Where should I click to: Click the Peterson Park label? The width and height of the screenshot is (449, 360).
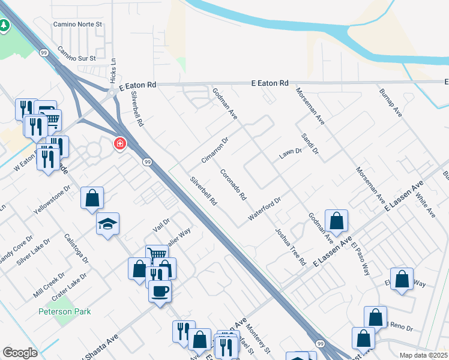(x=64, y=311)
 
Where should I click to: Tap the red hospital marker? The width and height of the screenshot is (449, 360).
(x=120, y=144)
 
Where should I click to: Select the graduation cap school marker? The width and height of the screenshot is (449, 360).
(x=107, y=224)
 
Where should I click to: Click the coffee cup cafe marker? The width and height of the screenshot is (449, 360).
(x=160, y=292)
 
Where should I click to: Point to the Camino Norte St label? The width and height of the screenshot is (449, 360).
(x=78, y=25)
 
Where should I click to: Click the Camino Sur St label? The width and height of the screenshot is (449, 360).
(x=76, y=55)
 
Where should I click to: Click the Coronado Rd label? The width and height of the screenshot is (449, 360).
(x=233, y=184)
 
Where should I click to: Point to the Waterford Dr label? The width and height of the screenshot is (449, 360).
(x=264, y=208)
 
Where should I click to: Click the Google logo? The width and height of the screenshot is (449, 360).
(x=20, y=353)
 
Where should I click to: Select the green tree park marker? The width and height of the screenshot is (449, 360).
(x=4, y=25)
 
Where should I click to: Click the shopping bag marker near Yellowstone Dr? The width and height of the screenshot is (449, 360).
(x=92, y=197)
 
